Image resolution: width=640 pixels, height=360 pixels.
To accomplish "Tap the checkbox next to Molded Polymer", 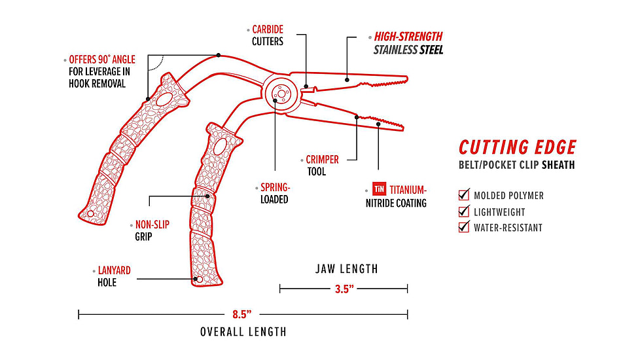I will click(x=464, y=195).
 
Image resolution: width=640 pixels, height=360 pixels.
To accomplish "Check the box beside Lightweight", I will click(x=464, y=211).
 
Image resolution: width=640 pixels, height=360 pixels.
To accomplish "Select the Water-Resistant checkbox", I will click(x=464, y=228).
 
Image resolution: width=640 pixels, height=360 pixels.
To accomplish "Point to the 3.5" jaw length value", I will click(x=344, y=289).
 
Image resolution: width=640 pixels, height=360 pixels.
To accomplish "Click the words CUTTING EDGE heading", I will click(x=517, y=147).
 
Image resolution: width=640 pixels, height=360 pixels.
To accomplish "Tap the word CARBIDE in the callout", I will click(x=268, y=29).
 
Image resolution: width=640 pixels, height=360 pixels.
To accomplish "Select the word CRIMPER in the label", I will click(x=323, y=159).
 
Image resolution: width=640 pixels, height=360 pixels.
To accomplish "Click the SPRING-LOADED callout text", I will click(x=274, y=193).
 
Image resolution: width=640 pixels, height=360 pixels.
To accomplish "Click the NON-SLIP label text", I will click(x=152, y=225).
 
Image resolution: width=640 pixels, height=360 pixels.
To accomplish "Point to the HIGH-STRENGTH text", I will click(x=408, y=37).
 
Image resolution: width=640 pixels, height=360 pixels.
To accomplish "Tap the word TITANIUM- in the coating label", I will click(x=408, y=190).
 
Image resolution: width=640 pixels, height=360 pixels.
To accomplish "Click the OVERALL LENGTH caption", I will click(x=243, y=332).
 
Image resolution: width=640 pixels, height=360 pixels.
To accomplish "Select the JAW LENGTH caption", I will click(x=346, y=268).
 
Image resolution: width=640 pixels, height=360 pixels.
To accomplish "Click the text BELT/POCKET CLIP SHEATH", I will click(x=516, y=166).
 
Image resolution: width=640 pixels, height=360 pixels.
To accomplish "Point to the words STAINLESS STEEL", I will click(x=408, y=50).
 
